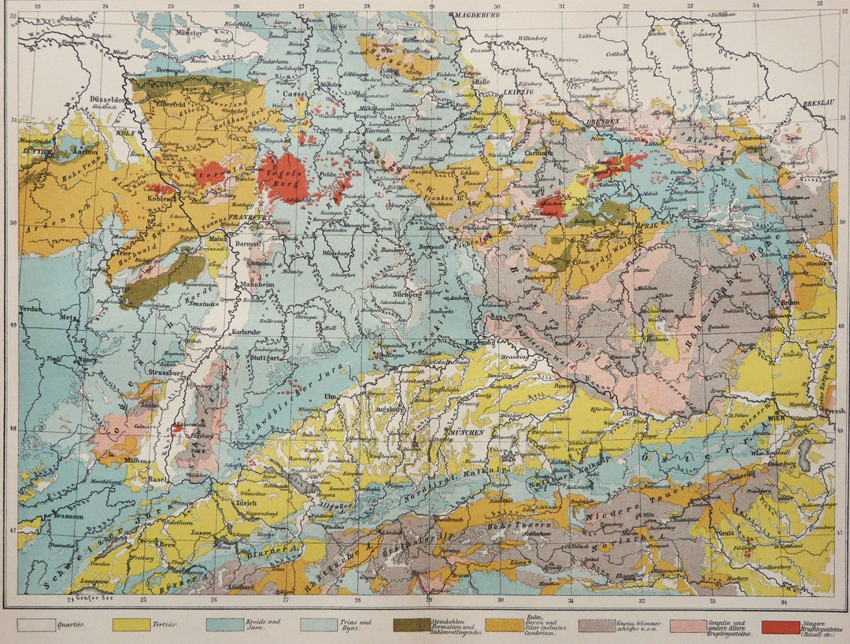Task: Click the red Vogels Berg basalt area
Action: pyautogui.click(x=283, y=176)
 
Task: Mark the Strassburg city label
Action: pyautogui.click(x=164, y=372)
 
